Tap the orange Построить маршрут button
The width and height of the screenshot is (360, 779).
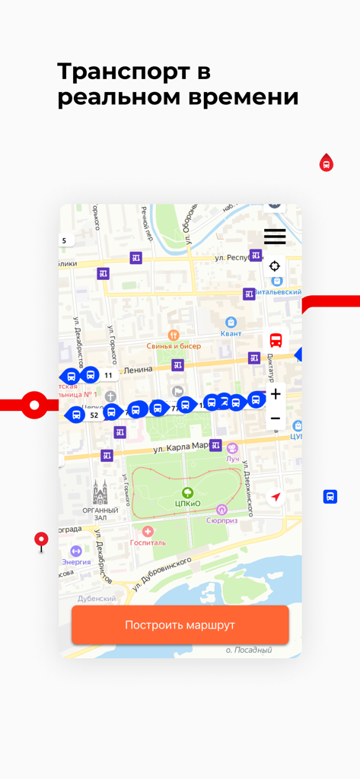coord(180,625)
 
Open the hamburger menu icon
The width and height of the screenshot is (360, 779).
coord(275,236)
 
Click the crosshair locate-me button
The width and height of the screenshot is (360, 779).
coord(275,266)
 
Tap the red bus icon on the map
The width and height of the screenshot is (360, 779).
coord(276,340)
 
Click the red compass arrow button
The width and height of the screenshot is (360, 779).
coord(276,498)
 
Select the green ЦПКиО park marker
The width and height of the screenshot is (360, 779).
coord(187,494)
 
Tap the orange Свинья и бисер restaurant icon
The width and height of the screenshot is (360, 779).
coord(174,335)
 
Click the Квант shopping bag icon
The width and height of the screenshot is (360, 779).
coord(231,322)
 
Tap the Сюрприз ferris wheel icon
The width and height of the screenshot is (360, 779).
coord(221,510)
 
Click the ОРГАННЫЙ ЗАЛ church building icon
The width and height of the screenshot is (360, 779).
coord(100,493)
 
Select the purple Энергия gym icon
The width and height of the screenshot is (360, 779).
coord(76,551)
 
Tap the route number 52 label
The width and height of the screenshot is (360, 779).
coord(94,415)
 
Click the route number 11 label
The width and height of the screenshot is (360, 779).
coord(108,375)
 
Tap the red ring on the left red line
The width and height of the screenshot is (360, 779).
coord(34,405)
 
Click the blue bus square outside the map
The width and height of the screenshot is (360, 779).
coord(330,496)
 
